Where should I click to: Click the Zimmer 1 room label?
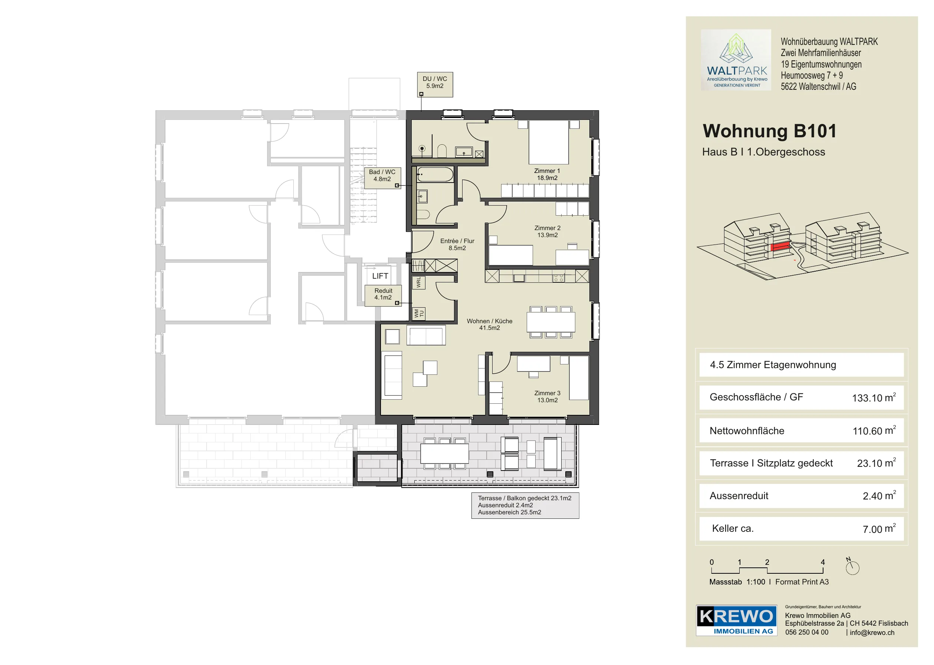(547, 174)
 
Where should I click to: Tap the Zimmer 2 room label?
(547, 231)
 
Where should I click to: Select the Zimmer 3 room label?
(547, 396)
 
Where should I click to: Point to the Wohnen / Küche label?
(490, 324)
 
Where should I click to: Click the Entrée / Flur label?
(457, 245)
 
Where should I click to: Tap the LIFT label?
(380, 276)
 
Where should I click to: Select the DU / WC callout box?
(435, 84)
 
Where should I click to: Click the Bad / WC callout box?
(382, 178)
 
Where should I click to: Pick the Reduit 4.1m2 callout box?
(383, 295)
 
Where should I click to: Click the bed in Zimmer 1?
(549, 142)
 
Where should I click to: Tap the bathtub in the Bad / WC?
(435, 174)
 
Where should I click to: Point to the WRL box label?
(418, 282)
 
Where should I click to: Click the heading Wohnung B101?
(769, 131)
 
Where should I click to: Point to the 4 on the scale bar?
(823, 562)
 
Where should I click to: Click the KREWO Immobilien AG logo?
(737, 620)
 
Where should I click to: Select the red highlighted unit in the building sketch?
(780, 246)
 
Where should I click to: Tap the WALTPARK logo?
(736, 60)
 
